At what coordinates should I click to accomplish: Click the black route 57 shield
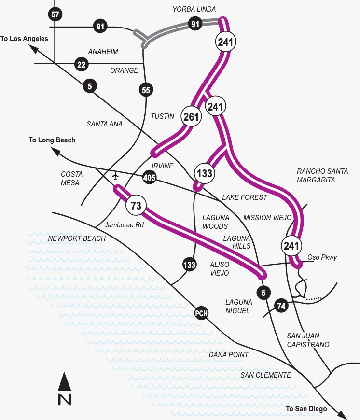pyautogui.click(x=55, y=14)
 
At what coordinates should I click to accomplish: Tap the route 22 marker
pyautogui.click(x=81, y=63)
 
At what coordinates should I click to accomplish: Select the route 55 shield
pyautogui.click(x=145, y=89)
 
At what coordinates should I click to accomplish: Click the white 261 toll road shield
pyautogui.click(x=191, y=116)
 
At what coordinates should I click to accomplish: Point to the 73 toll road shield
pyautogui.click(x=136, y=206)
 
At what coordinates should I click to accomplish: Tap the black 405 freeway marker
pyautogui.click(x=149, y=178)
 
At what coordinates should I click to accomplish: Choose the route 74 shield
pyautogui.click(x=281, y=305)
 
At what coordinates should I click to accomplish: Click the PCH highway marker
pyautogui.click(x=201, y=313)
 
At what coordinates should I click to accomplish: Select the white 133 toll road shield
pyautogui.click(x=204, y=173)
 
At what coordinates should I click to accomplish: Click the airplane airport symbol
pyautogui.click(x=115, y=176)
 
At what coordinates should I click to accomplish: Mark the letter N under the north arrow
pyautogui.click(x=65, y=399)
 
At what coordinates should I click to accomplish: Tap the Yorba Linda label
pyautogui.click(x=194, y=9)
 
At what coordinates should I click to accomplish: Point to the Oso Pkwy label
pyautogui.click(x=322, y=257)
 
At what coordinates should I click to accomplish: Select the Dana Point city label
pyautogui.click(x=229, y=355)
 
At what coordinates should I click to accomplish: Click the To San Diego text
pyautogui.click(x=306, y=409)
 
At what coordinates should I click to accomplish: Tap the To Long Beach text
pyautogui.click(x=52, y=140)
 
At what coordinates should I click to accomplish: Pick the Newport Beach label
pyautogui.click(x=77, y=238)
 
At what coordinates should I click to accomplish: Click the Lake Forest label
pyautogui.click(x=245, y=197)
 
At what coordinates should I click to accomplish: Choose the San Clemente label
pyautogui.click(x=266, y=375)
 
